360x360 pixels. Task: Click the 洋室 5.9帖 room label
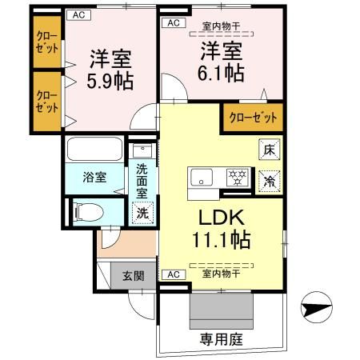click(110, 70)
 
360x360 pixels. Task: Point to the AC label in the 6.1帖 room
click(174, 23)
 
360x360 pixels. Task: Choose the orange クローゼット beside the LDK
click(253, 118)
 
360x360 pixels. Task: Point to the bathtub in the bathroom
click(94, 150)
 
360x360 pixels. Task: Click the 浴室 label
click(94, 178)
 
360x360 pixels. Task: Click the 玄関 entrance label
click(133, 277)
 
